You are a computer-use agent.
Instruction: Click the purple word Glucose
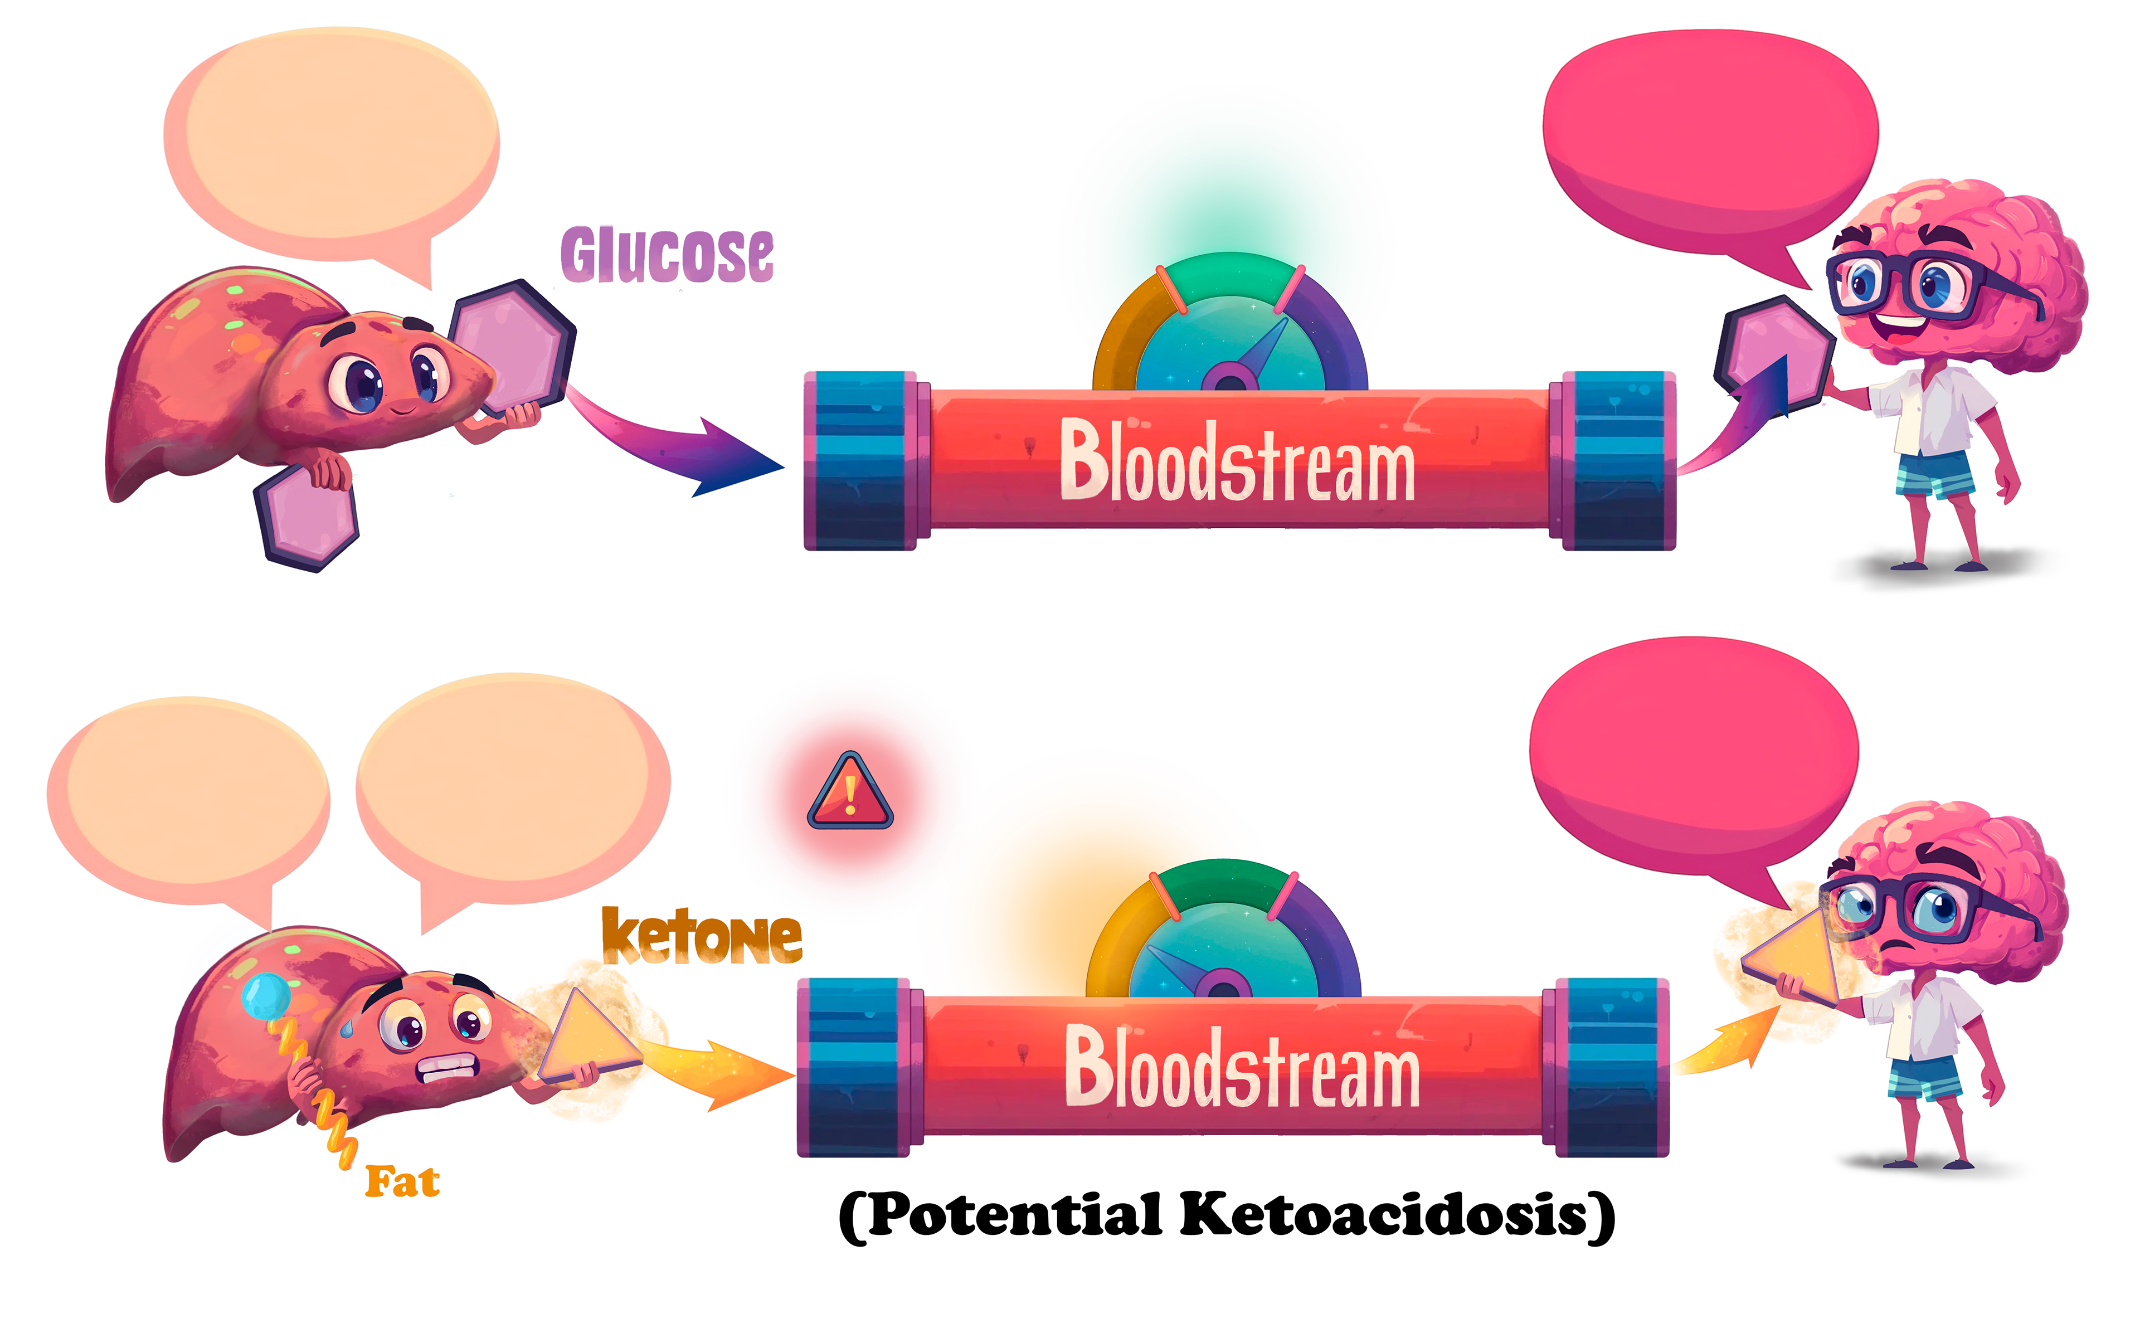[x=668, y=255]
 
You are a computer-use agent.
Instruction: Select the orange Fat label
[x=402, y=1182]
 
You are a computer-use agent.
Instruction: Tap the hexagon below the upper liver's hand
[x=307, y=518]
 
